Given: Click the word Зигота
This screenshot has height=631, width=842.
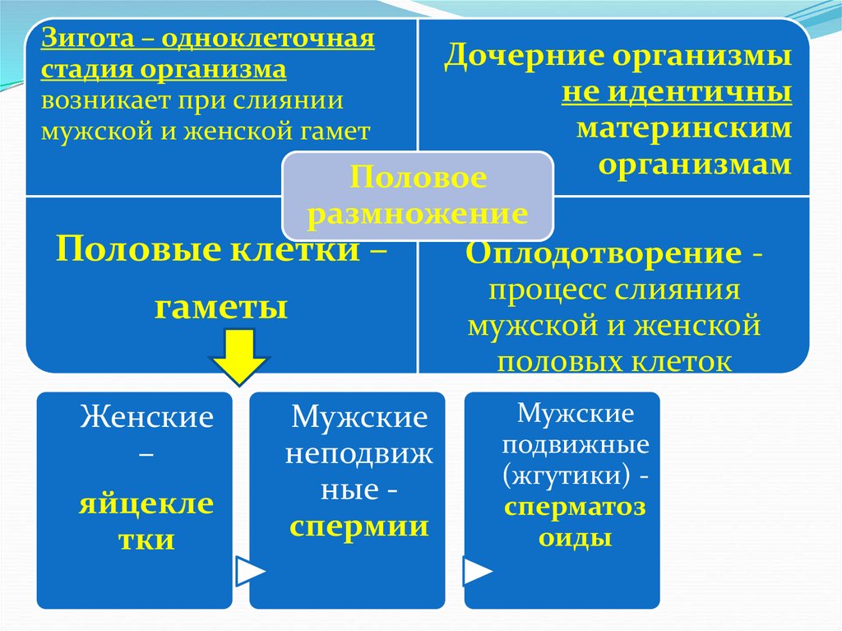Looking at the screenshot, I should (x=84, y=40).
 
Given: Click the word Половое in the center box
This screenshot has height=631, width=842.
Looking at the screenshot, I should (x=419, y=179).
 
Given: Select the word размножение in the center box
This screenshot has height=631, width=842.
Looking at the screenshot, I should (x=419, y=214).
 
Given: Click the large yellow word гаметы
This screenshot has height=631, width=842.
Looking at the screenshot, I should (x=221, y=309).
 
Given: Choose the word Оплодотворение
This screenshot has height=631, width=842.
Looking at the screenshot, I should (x=604, y=254).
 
